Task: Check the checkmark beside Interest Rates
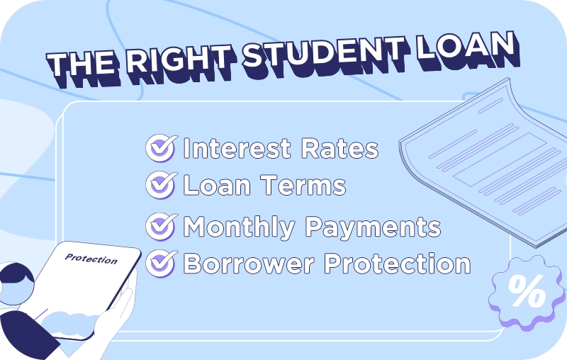click(x=160, y=149)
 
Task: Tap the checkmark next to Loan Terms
click(x=160, y=186)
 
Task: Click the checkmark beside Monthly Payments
click(x=160, y=227)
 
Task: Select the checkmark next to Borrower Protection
click(x=160, y=264)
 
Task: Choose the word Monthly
click(x=239, y=227)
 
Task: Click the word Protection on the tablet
click(x=91, y=259)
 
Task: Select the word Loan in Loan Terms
click(x=214, y=186)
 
